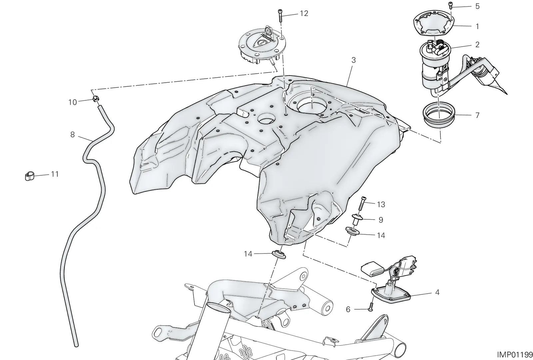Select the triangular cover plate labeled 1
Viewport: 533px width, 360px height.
tap(433, 25)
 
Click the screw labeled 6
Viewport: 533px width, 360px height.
tap(370, 307)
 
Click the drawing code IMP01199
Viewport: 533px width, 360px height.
tap(515, 354)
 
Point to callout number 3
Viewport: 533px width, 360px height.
tap(353, 60)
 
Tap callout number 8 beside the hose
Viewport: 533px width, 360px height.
tap(73, 135)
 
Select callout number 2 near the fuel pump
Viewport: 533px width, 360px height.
tap(477, 45)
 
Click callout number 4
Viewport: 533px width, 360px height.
tap(437, 292)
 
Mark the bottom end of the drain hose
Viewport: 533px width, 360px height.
tap(76, 345)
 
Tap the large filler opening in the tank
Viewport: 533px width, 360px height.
tap(312, 106)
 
